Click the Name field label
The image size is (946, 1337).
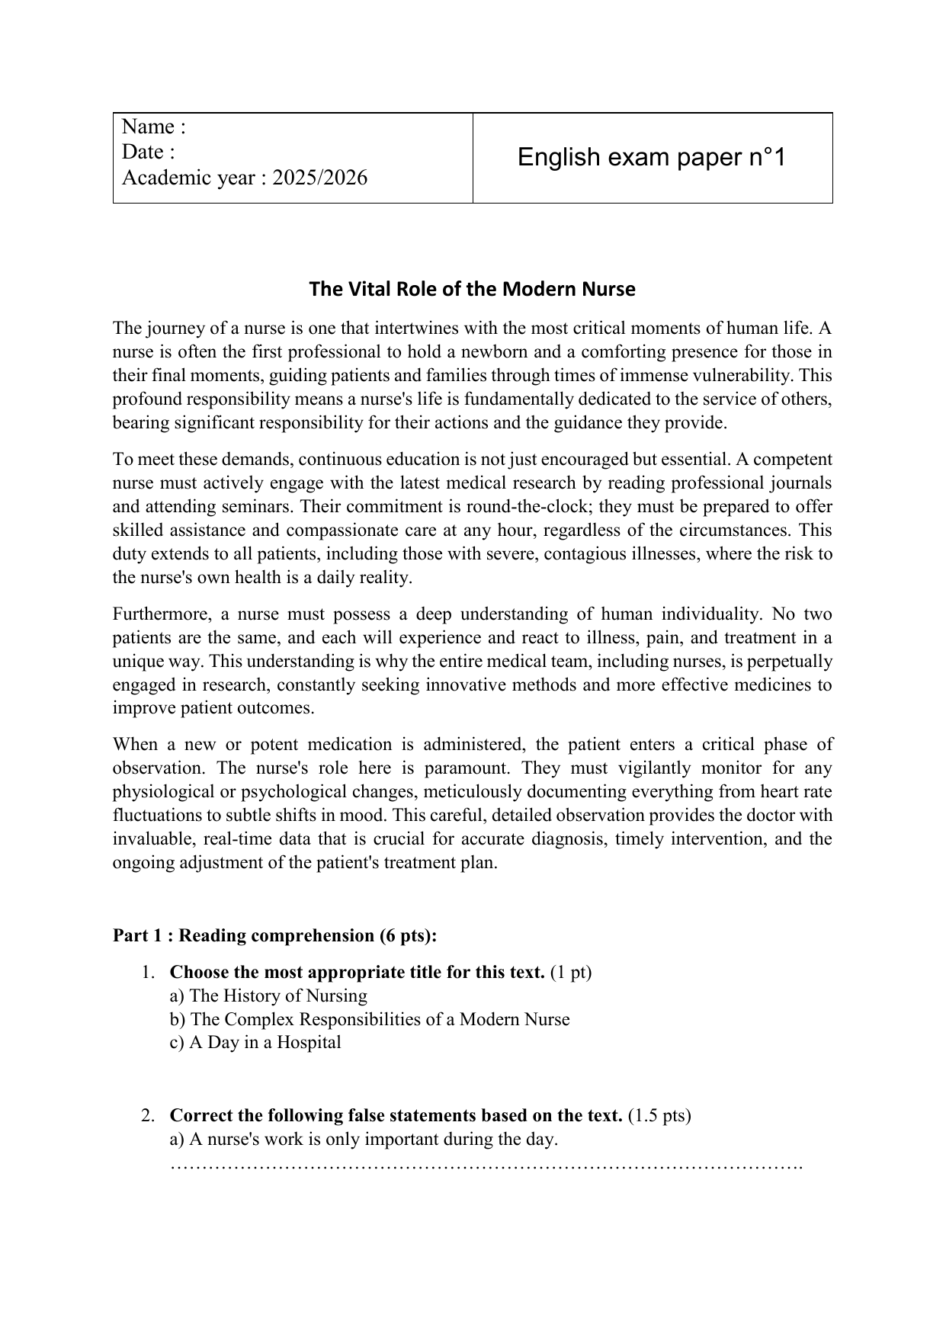[x=153, y=127]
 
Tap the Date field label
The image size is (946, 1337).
[x=148, y=152]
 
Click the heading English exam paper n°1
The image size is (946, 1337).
[x=652, y=158]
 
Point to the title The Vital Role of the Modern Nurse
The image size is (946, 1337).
[x=472, y=290]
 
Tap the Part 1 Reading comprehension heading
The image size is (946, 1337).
[x=275, y=936]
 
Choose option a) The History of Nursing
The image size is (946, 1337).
[x=268, y=996]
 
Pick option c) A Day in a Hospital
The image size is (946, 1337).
[x=255, y=1043]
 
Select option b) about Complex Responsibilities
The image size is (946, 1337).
[x=370, y=1020]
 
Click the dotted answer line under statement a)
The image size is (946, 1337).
[x=486, y=1166]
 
